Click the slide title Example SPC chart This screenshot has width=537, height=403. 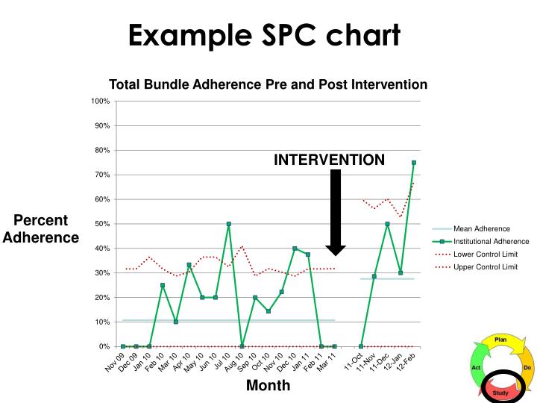265,34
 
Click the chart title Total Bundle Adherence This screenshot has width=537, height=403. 268,84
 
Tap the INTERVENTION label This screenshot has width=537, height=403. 329,160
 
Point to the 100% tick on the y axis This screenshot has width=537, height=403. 101,101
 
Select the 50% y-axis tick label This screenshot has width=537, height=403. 102,224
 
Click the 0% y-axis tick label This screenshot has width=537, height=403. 104,346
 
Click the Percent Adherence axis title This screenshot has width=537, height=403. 41,229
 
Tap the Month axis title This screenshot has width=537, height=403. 268,386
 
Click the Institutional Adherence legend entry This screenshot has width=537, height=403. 492,241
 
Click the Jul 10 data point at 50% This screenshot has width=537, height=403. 228,224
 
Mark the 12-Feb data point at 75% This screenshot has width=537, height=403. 413,163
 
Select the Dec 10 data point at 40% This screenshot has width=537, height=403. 295,249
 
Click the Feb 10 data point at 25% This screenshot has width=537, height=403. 163,285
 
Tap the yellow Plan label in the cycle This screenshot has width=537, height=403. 500,340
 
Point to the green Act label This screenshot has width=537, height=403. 475,367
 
